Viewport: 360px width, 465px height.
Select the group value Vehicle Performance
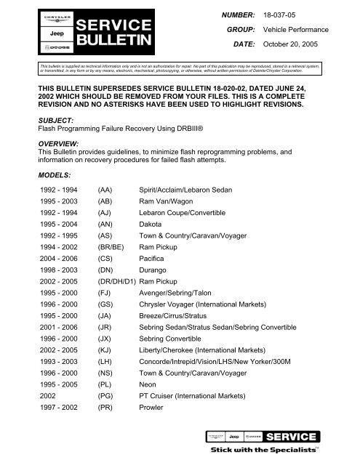tap(308, 29)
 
